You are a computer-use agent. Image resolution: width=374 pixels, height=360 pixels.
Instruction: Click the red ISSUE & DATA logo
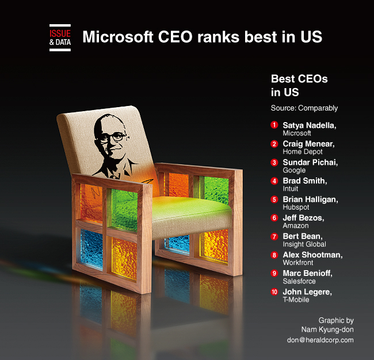point(60,37)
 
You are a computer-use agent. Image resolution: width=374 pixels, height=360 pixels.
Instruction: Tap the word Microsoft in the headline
point(117,37)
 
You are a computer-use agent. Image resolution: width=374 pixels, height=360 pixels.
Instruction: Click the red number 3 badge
point(274,162)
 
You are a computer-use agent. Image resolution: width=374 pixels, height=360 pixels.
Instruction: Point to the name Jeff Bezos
point(303,218)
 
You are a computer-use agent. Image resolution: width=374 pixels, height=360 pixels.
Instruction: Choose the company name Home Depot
point(303,151)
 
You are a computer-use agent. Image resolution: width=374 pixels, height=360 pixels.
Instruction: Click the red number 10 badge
point(274,291)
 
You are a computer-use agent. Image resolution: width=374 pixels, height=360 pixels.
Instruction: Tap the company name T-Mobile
point(296,300)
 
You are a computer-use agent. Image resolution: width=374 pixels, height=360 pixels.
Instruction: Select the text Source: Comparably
point(304,108)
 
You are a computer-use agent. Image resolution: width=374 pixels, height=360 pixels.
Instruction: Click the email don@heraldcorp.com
point(320,340)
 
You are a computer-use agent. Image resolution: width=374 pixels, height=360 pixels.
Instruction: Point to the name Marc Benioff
point(307,273)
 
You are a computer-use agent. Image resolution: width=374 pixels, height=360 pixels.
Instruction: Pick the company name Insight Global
point(304,244)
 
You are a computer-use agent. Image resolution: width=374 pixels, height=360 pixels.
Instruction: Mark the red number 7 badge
point(274,236)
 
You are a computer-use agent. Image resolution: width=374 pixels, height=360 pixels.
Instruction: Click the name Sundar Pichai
point(310,162)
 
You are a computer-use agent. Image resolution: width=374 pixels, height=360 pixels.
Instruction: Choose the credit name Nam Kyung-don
point(327,329)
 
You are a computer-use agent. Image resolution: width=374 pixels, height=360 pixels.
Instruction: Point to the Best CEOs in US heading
point(299,85)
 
